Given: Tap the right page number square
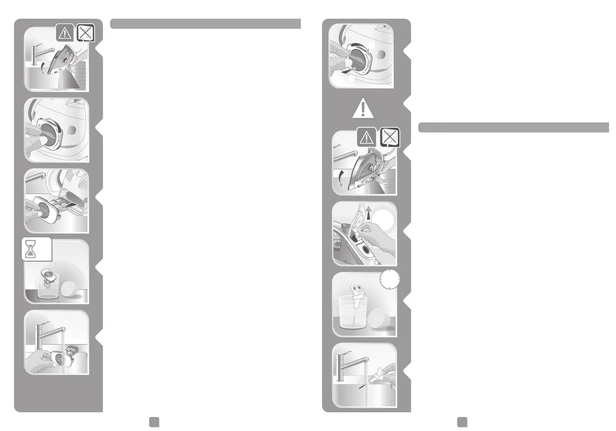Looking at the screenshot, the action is coord(462,420).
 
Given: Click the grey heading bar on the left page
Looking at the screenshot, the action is coord(205,24).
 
